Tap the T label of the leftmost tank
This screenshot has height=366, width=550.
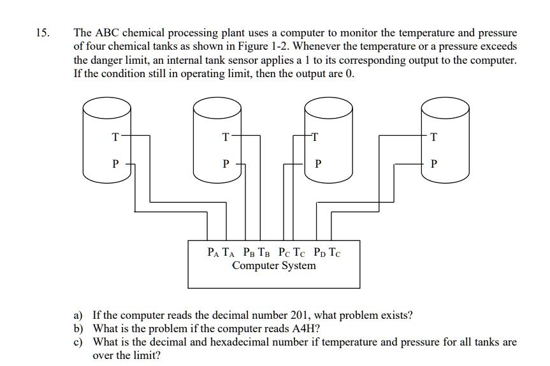(115, 136)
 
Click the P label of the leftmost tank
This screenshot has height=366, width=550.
(115, 163)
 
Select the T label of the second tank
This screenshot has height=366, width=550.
(224, 136)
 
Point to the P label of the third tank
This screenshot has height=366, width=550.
(317, 163)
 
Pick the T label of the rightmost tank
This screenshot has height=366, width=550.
(434, 136)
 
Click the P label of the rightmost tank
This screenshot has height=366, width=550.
(434, 163)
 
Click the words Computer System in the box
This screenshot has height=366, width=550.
(273, 265)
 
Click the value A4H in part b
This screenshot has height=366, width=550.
(306, 328)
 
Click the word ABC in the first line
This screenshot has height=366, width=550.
(107, 33)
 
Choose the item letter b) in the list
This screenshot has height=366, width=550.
(78, 328)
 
